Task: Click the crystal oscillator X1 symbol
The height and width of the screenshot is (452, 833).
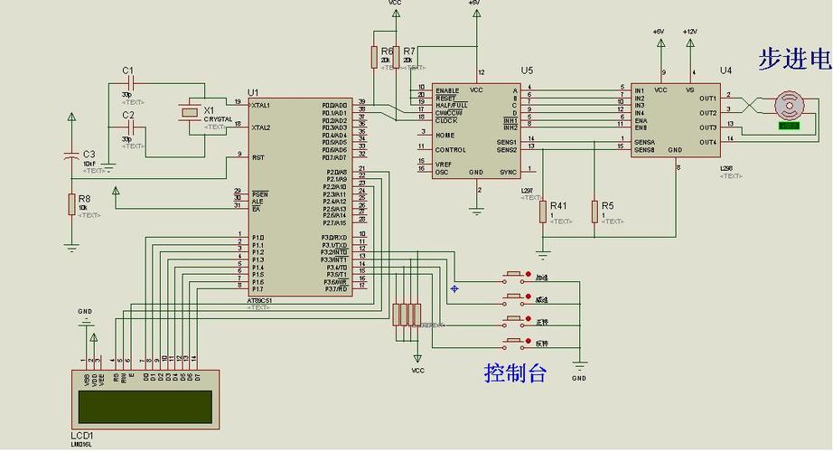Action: coord(188,112)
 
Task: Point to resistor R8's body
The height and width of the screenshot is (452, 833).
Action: coord(71,203)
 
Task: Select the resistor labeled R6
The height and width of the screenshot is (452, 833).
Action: coord(374,56)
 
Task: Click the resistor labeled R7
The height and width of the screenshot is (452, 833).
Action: coord(397,56)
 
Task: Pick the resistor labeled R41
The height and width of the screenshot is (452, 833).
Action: coord(543,211)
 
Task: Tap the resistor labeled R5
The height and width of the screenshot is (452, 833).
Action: coord(594,211)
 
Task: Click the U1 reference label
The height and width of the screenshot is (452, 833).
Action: coord(253,92)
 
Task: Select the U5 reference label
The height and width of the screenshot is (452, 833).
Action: coord(527,70)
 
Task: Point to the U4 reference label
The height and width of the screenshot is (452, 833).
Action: coord(725,70)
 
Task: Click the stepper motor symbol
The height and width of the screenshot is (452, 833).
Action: coord(790,105)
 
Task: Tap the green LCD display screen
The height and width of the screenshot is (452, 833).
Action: coord(147,406)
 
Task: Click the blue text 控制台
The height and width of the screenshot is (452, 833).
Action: coord(515,372)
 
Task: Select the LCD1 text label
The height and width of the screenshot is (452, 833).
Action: coord(82,435)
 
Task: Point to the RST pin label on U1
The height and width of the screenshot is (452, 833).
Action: coord(257,157)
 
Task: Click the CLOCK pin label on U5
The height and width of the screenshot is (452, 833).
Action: coord(446,120)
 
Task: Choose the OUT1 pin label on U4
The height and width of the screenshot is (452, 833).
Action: coord(707,99)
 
